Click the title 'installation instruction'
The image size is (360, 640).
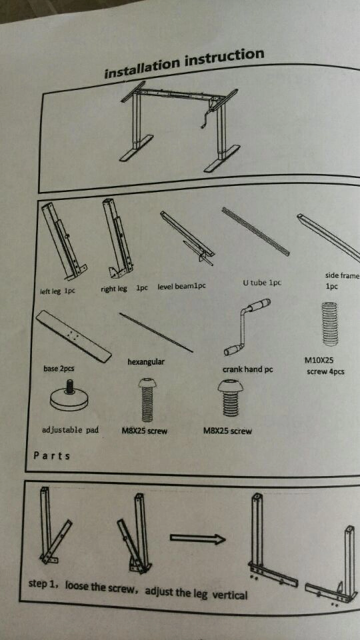tap(185, 64)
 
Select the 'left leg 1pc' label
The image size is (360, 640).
tap(57, 291)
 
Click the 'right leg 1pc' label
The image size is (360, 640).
tap(124, 288)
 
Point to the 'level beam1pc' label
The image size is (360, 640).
tap(181, 286)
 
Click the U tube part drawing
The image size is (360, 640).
tap(255, 231)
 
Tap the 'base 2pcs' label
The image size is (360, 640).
tap(59, 369)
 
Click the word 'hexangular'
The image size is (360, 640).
tap(146, 361)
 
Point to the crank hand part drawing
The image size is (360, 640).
tap(247, 327)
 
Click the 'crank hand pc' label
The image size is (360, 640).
tap(247, 370)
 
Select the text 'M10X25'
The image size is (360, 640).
tap(319, 361)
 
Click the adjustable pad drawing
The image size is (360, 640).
tap(69, 399)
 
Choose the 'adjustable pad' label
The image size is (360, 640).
tap(70, 429)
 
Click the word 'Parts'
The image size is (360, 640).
tap(51, 455)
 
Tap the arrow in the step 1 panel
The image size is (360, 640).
tap(197, 539)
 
